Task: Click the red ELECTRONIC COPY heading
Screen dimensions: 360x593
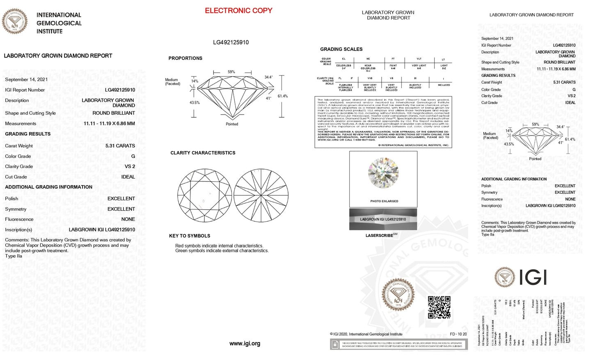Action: click(238, 11)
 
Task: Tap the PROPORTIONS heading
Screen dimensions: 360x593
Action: click(185, 58)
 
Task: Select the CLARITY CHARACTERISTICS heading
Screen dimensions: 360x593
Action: click(203, 153)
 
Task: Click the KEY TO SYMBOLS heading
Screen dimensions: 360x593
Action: click(190, 236)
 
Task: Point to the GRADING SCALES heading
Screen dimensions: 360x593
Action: click(341, 49)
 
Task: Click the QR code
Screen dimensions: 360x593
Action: click(439, 307)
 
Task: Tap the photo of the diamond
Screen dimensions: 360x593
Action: click(383, 173)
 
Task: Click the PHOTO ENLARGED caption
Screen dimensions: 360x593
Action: click(384, 201)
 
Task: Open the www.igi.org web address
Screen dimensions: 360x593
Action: click(245, 344)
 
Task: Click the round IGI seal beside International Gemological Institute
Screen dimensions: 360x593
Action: click(15, 21)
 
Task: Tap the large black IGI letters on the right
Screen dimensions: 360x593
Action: click(533, 277)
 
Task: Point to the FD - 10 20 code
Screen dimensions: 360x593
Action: click(458, 334)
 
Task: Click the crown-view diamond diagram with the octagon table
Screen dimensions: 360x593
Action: click(204, 195)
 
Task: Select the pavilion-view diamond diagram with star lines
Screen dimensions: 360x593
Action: click(261, 195)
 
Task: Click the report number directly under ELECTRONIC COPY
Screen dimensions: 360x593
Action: click(231, 42)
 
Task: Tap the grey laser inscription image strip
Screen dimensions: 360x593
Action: click(383, 219)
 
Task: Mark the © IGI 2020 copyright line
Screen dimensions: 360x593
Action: click(366, 334)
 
